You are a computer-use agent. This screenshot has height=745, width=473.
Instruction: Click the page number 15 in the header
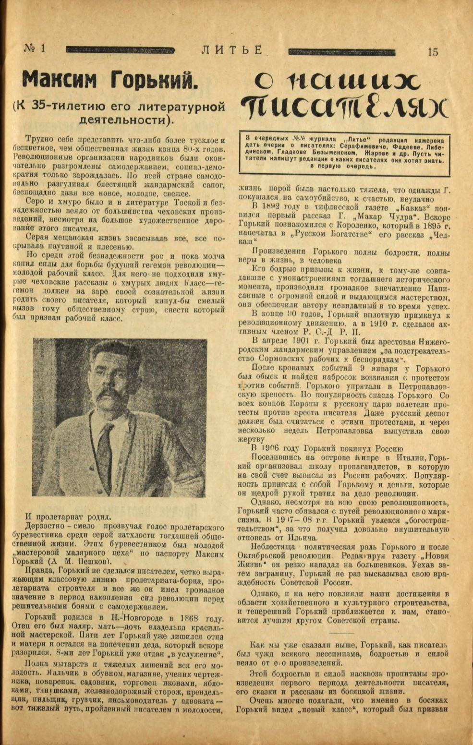432,52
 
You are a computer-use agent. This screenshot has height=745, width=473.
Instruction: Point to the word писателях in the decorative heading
345,108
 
